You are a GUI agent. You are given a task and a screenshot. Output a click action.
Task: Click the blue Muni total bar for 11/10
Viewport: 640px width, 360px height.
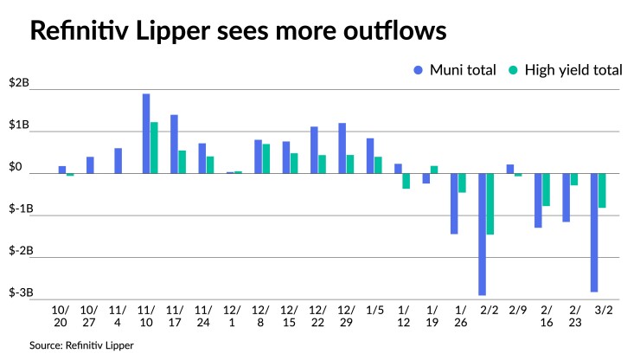[147, 133]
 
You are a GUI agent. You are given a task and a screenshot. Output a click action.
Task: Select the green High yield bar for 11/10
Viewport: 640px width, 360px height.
[155, 148]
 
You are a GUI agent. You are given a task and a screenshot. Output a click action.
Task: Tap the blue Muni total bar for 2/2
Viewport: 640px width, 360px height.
[482, 234]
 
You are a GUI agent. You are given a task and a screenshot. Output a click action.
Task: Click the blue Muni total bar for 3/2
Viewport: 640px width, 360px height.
[594, 232]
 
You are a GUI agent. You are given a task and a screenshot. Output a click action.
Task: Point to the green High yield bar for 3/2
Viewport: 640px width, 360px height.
[602, 190]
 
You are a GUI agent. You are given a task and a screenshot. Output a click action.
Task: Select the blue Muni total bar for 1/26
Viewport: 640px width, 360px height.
[454, 203]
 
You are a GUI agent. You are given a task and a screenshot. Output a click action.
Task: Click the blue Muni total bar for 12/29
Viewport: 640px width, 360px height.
[342, 148]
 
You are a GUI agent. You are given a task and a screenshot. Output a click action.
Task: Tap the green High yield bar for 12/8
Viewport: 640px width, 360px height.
[266, 158]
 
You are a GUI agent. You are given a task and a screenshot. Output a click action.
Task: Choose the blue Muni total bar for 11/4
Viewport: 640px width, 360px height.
[118, 161]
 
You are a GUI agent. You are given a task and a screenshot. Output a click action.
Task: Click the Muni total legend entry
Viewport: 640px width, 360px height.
[455, 70]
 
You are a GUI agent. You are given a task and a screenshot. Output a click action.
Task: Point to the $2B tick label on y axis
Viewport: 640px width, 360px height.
[19, 84]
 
